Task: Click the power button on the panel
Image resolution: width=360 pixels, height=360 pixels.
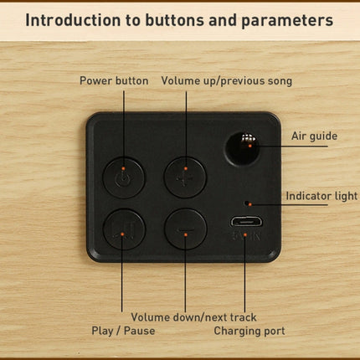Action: pos(124,177)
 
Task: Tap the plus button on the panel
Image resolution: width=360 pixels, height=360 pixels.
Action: pos(185,177)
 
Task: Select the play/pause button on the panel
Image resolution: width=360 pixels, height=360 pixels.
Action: pos(124,229)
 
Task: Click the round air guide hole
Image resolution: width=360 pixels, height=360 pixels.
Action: pos(243,149)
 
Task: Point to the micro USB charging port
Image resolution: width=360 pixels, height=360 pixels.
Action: pos(246,222)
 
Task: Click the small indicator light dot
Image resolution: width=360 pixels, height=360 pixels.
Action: pos(246,203)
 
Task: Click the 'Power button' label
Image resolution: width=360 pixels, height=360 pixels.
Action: pos(114,81)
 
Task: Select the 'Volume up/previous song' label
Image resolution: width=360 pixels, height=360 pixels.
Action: pos(227,81)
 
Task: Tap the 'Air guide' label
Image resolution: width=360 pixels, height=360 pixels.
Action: pos(314,136)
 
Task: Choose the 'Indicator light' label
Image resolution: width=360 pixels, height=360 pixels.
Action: pos(321,196)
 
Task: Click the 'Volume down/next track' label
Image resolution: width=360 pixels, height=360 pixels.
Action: pos(193,317)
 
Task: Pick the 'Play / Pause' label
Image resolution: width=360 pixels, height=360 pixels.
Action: pos(123,331)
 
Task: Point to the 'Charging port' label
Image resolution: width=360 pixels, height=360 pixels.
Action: pos(249,331)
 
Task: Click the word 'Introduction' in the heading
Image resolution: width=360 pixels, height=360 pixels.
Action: pos(73,20)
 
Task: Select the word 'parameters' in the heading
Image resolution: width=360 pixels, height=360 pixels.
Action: pos(287,21)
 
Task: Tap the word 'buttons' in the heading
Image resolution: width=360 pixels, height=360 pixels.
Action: pos(174,20)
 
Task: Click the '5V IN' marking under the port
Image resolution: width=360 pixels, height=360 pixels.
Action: pos(246,236)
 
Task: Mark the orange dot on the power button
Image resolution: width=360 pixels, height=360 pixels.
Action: pos(123,168)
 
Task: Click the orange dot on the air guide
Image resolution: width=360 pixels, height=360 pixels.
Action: pos(250,146)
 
